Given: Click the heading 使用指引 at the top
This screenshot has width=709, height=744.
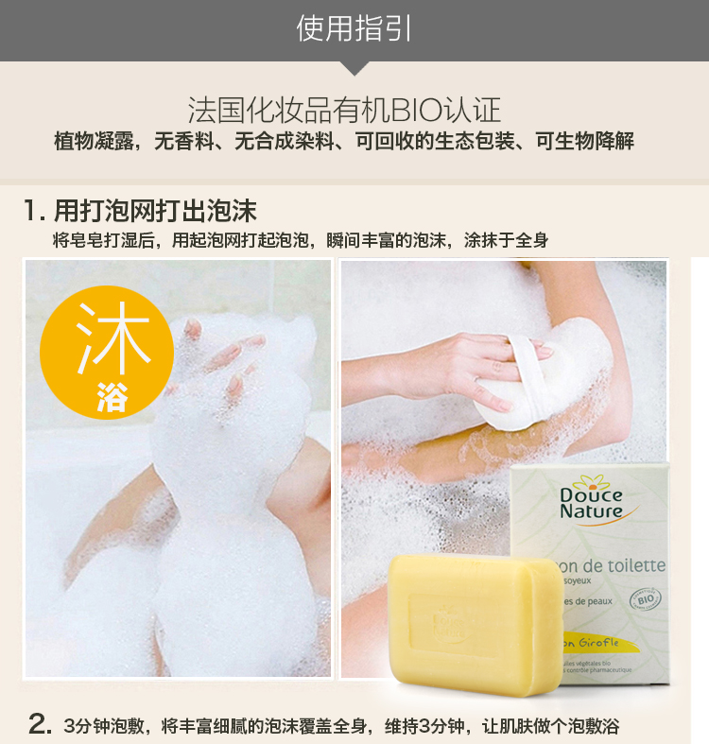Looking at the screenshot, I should [x=354, y=28].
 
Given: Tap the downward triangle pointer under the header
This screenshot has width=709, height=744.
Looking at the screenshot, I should [x=354, y=67].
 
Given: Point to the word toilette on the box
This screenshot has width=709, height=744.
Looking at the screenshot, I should [x=630, y=566].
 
